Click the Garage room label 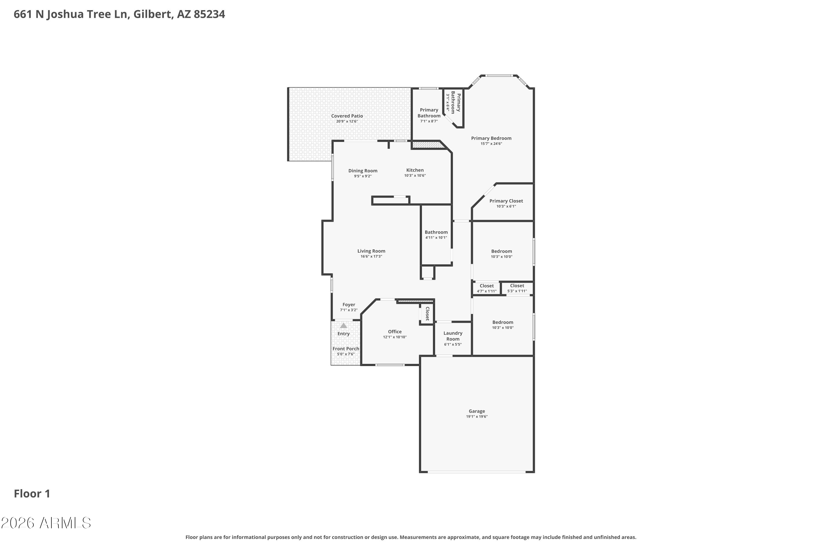click(477, 411)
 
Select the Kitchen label click(415, 170)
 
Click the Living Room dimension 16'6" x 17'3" click(371, 256)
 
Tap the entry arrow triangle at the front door click(344, 326)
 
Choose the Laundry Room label click(453, 336)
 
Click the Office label click(395, 332)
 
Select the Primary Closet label click(506, 201)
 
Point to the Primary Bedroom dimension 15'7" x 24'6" click(491, 144)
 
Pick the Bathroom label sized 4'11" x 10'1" click(436, 232)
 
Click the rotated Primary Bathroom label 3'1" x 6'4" click(453, 102)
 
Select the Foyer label click(349, 305)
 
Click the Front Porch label click(346, 349)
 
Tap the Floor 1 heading click(32, 494)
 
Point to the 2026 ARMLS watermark click(46, 523)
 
